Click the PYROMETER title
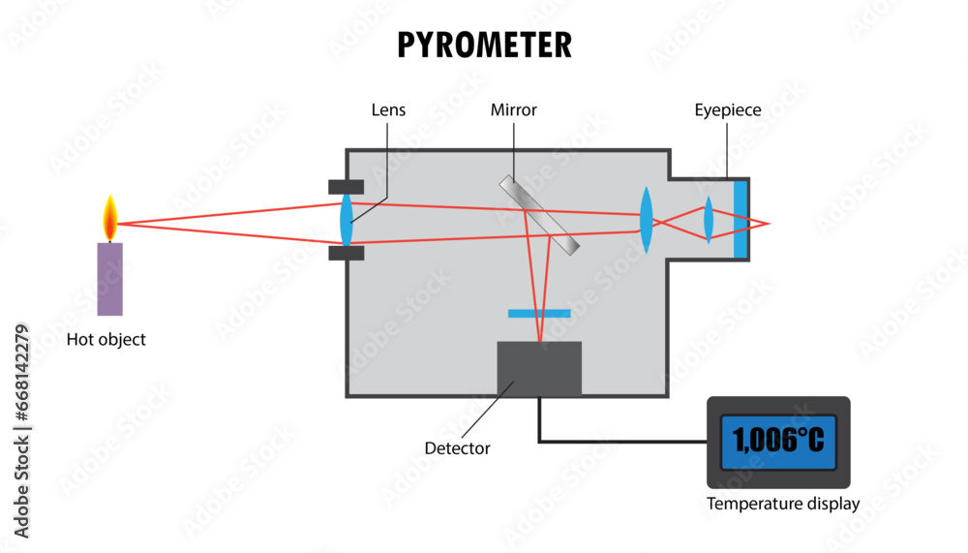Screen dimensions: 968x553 [x=485, y=46]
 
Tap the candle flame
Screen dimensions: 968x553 [x=110, y=218]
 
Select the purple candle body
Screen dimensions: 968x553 [x=110, y=279]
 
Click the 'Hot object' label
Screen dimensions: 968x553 [x=106, y=339]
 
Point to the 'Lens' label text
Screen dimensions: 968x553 [x=388, y=110]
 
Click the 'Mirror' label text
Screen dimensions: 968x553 [x=514, y=110]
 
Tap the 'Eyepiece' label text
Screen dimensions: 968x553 [x=728, y=110]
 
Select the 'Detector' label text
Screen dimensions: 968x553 [x=458, y=448]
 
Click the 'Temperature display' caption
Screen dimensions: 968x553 [x=783, y=504]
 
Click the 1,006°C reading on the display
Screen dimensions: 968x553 [x=778, y=440]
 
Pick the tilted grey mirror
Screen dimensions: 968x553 [x=539, y=215]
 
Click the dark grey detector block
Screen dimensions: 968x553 [x=539, y=369]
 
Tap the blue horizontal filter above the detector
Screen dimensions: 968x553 [x=539, y=314]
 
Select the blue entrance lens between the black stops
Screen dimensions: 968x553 [x=347, y=220]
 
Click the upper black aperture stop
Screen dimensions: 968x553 [x=346, y=187]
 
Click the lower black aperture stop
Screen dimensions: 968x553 [x=346, y=254]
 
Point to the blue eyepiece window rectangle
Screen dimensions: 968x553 [x=741, y=219]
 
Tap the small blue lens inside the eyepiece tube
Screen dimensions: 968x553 [x=709, y=219]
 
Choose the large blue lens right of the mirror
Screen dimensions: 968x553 [x=646, y=220]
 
